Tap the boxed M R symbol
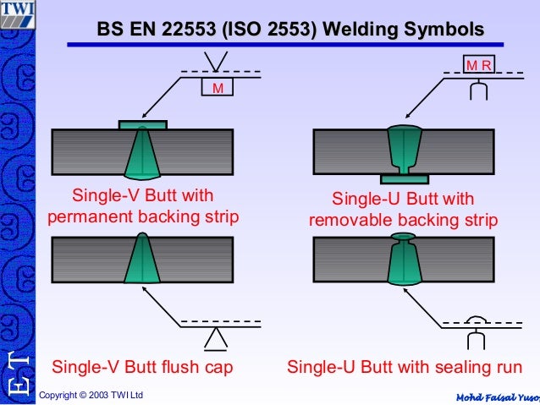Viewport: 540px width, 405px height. (479, 65)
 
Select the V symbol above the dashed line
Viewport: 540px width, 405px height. (217, 62)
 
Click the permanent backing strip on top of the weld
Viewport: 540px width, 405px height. (142, 124)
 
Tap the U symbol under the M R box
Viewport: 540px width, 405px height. (478, 90)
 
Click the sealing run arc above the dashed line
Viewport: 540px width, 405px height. (477, 319)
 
